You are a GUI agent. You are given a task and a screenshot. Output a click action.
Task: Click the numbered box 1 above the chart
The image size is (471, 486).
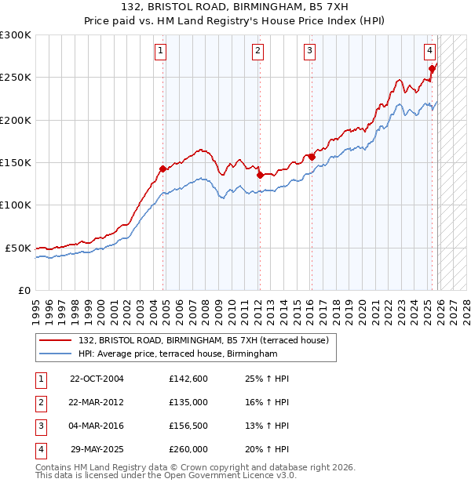click(x=160, y=52)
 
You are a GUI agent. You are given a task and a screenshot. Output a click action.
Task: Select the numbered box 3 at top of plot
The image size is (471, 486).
click(x=309, y=52)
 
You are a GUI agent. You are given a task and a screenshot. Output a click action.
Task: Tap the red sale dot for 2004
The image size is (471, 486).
click(x=163, y=169)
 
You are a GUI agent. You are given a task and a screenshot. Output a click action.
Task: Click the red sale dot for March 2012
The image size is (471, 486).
click(x=260, y=176)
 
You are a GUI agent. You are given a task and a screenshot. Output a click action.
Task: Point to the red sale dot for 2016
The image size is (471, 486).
click(x=312, y=157)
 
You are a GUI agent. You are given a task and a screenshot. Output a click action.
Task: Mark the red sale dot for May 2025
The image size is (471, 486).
click(x=432, y=69)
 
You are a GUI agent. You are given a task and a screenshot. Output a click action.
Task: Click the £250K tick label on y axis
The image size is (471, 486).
click(x=16, y=78)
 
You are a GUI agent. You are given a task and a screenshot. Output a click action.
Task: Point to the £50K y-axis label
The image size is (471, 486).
click(x=18, y=248)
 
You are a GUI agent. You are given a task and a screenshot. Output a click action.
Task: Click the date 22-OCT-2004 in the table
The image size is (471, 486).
click(x=97, y=379)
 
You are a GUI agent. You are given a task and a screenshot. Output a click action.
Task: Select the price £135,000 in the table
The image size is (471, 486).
click(x=188, y=402)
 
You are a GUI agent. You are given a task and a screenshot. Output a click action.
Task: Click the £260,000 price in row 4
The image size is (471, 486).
click(x=188, y=449)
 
